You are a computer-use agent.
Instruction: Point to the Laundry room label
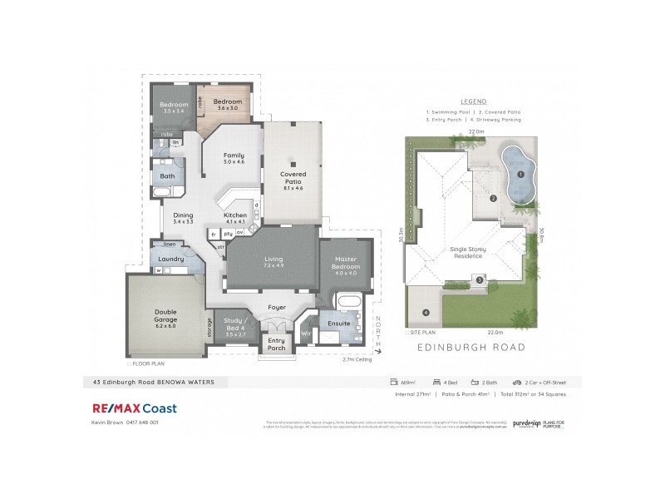[x=170, y=259]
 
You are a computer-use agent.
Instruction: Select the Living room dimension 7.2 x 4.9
[x=274, y=265]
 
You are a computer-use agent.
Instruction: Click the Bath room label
[x=167, y=176]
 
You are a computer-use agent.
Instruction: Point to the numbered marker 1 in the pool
[x=520, y=175]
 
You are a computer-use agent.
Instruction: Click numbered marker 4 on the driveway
[x=426, y=313]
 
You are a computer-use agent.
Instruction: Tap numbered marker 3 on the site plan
[x=480, y=279]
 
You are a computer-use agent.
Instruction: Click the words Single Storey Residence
[x=467, y=253]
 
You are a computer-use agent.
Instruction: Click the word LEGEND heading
[x=473, y=99]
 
